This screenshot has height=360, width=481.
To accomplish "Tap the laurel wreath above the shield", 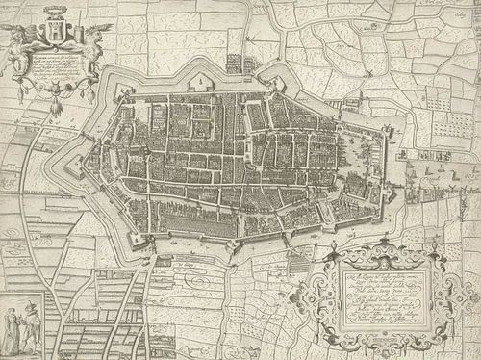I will point(50,16).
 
